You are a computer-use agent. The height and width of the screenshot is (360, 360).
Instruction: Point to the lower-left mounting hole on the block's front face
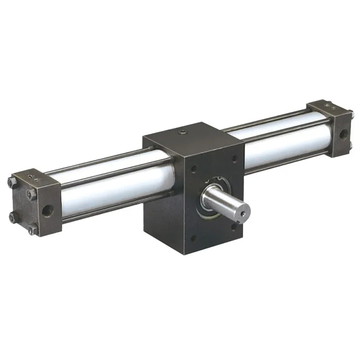(194, 240)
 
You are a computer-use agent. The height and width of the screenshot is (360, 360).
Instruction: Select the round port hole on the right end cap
(343, 135)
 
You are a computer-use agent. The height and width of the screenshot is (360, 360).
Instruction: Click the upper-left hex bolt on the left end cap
(10, 182)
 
